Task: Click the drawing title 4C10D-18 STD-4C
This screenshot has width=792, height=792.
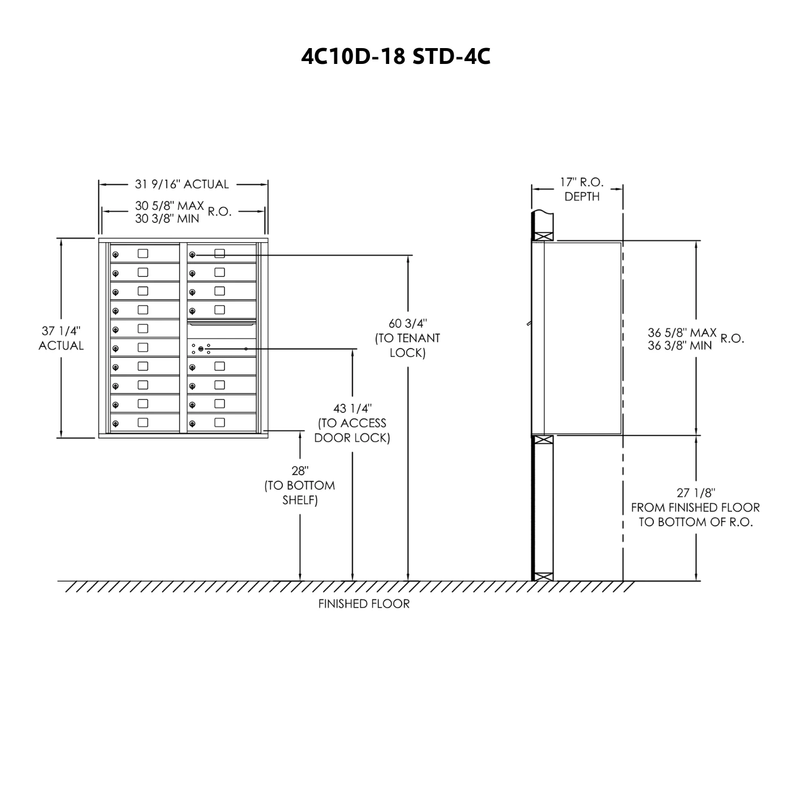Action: click(395, 56)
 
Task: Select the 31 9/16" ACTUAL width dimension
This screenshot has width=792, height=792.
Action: click(182, 184)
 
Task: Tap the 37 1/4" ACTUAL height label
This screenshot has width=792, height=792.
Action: click(61, 338)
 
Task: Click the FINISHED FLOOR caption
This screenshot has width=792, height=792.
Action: click(363, 604)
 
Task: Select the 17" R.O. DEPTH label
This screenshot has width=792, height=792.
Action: click(582, 189)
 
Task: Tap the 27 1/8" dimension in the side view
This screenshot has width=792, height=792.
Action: click(695, 493)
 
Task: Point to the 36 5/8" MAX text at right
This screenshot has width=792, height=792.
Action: click(682, 333)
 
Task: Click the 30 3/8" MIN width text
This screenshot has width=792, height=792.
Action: click(167, 219)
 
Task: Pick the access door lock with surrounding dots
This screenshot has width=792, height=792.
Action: click(201, 349)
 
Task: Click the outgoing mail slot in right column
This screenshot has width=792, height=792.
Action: click(221, 324)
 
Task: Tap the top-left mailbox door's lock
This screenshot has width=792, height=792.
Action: click(115, 255)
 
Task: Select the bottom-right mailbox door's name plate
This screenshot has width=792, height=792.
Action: click(219, 422)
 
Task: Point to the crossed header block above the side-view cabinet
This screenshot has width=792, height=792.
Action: click(543, 237)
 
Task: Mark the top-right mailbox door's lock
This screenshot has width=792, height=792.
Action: click(192, 255)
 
